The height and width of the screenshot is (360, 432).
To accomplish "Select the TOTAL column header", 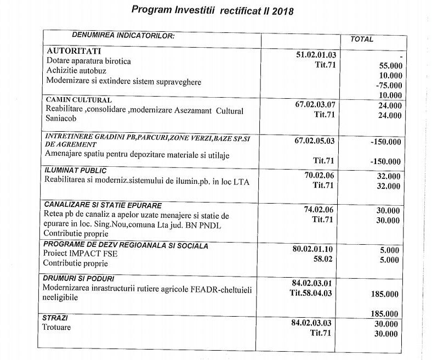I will pyautogui.click(x=362, y=39).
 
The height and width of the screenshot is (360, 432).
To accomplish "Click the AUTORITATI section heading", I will pyautogui.click(x=74, y=50).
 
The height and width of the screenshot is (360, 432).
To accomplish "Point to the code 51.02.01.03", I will pyautogui.click(x=316, y=54).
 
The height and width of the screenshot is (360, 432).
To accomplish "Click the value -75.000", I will pyautogui.click(x=389, y=85).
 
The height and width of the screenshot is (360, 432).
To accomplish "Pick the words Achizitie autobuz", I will pyautogui.click(x=76, y=71).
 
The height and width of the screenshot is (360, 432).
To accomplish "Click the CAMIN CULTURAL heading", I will pyautogui.click(x=78, y=100).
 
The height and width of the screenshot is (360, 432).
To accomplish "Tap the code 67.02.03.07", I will pyautogui.click(x=316, y=104).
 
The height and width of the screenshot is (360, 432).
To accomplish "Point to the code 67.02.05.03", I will pyautogui.click(x=316, y=141).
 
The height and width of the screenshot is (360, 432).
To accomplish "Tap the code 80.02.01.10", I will pyautogui.click(x=316, y=249).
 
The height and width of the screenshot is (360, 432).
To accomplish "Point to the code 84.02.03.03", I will pyautogui.click(x=316, y=323).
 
